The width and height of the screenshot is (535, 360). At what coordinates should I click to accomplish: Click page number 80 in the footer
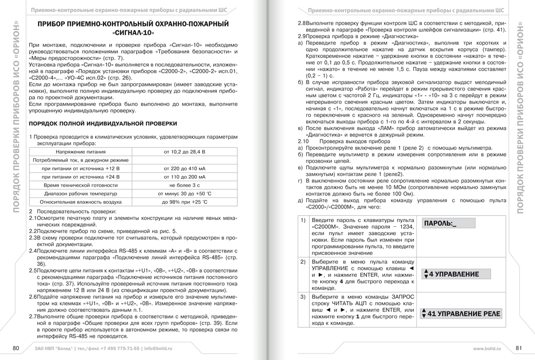(16, 348)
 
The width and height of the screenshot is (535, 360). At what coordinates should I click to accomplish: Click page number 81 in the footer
(519, 348)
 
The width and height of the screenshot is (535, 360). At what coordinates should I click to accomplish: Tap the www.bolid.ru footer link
(486, 348)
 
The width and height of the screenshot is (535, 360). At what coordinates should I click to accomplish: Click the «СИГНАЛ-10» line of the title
(134, 33)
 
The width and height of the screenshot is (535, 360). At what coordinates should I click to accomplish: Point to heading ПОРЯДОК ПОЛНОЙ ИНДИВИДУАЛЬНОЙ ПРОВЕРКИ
(102, 123)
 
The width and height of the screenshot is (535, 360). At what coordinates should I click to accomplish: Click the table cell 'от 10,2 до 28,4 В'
(184, 152)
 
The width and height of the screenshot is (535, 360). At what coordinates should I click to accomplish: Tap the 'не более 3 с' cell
(184, 185)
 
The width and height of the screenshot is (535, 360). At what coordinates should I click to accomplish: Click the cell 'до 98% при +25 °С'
(184, 202)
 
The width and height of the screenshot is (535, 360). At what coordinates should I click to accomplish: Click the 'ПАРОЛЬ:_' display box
(449, 224)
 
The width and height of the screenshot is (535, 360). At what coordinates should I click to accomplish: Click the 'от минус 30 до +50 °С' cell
(184, 193)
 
